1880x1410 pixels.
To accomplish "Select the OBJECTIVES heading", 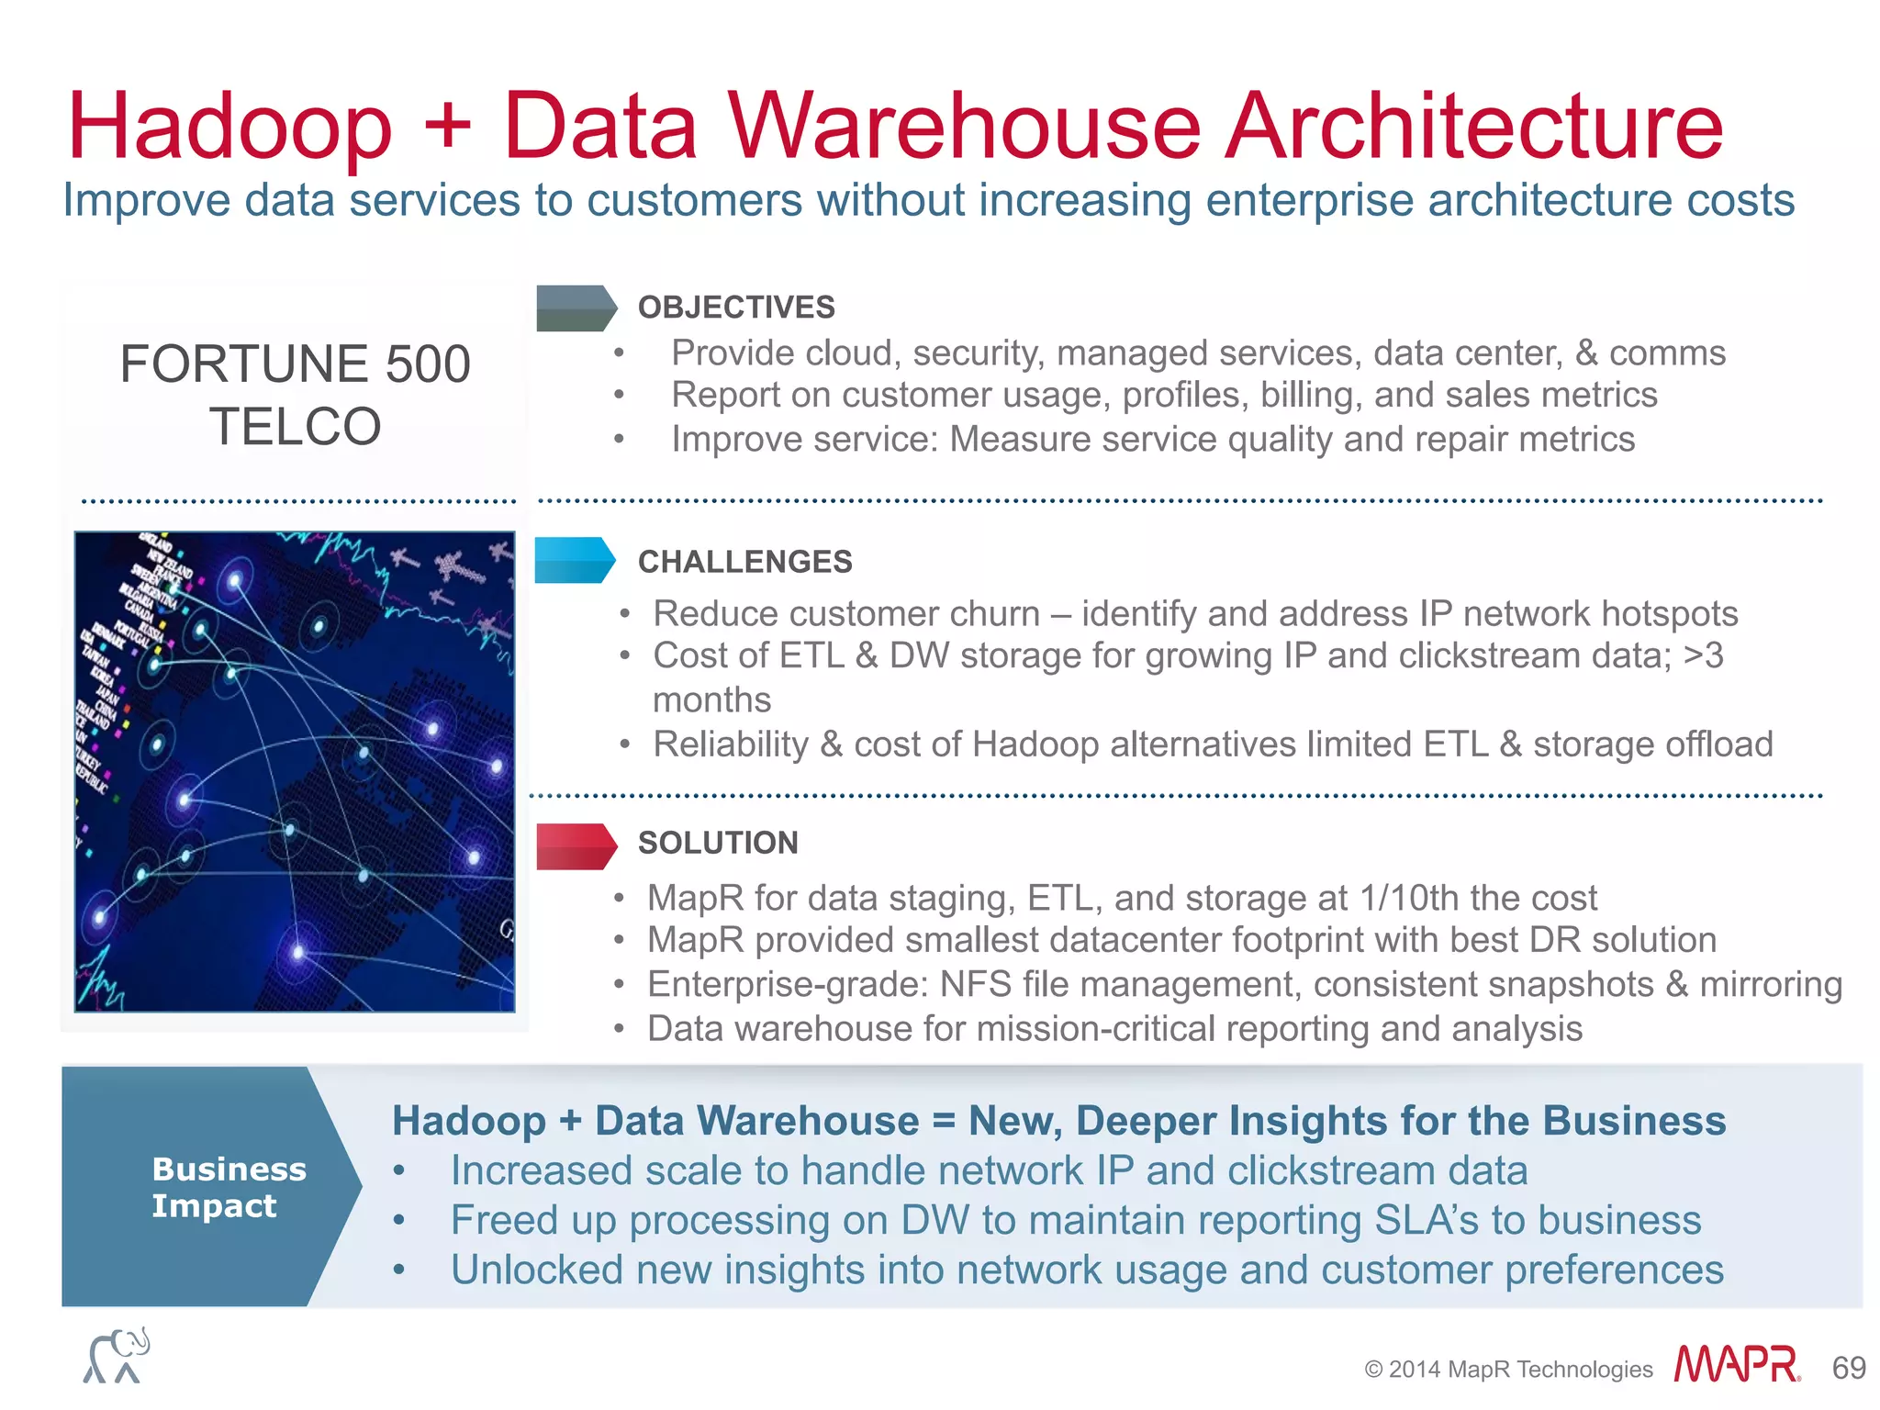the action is click(736, 308).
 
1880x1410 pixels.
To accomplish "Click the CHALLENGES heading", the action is click(744, 562).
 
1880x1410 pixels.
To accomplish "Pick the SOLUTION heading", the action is click(718, 843).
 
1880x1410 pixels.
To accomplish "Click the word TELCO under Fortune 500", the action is click(295, 427).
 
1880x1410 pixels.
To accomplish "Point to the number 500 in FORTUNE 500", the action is click(428, 364).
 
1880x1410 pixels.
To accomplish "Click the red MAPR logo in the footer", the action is click(1736, 1365).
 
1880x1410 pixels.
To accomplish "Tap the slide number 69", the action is click(1849, 1369).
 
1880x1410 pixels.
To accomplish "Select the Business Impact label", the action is click(228, 1187).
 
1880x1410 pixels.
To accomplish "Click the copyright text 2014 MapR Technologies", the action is click(1519, 1370).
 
